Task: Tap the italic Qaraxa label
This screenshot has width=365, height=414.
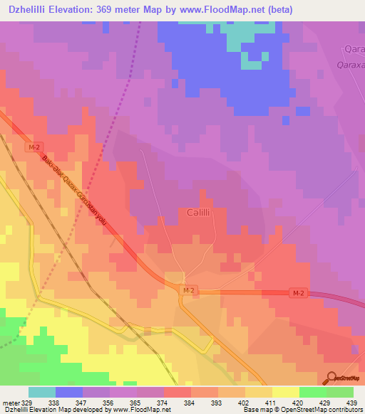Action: tap(349, 64)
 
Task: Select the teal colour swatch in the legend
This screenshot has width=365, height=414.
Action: tap(42, 392)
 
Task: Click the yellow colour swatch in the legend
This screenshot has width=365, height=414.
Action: tap(285, 392)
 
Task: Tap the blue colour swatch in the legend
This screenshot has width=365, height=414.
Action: tap(69, 392)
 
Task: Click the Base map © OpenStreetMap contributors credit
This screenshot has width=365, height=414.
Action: tap(302, 410)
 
